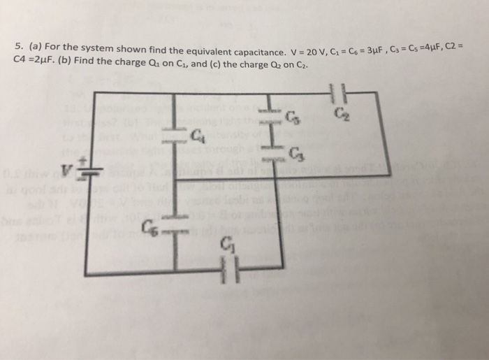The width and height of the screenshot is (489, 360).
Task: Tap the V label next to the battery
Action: click(67, 168)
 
